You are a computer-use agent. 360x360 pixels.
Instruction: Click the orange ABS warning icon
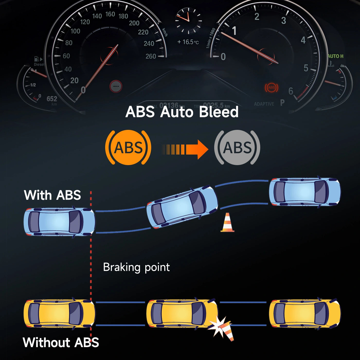point(128,147)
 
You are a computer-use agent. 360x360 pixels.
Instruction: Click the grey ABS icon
point(237,147)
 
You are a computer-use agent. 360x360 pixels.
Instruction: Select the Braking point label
point(136,267)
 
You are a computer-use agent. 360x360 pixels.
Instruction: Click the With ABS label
point(52,195)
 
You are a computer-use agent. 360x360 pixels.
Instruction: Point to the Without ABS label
point(61,343)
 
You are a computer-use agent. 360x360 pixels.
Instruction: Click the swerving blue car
point(182,207)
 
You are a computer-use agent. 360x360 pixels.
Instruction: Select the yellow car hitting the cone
point(182,313)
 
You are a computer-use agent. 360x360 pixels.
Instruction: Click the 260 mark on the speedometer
point(151,56)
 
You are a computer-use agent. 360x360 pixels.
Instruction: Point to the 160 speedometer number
point(110,14)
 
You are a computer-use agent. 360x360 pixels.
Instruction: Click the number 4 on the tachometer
point(303,40)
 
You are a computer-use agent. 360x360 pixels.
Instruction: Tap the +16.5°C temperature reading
point(188,42)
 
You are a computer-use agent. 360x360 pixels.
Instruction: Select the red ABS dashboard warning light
point(271,88)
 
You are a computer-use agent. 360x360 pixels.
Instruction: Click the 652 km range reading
point(52,99)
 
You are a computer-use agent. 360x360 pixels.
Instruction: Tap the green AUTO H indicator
point(336,56)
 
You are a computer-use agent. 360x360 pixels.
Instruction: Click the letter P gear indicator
point(282,103)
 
